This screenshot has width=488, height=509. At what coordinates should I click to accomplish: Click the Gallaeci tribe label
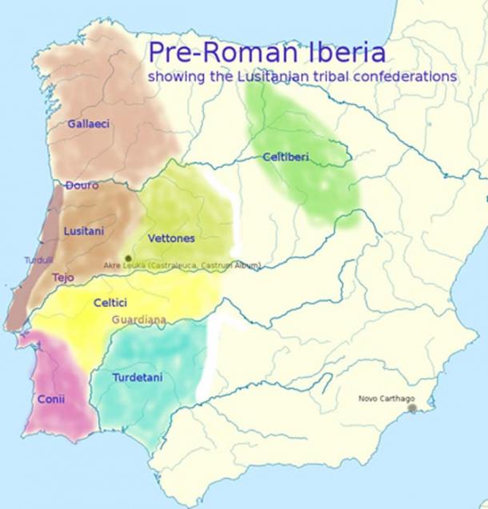coord(89,124)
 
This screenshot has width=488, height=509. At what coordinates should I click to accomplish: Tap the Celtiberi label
coord(286,157)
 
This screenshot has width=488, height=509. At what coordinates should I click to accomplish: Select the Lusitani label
coord(83,230)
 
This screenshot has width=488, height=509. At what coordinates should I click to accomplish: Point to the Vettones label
coord(171,238)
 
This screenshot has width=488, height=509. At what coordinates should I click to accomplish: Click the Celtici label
coord(110,303)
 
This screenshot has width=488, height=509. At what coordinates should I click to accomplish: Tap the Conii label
coord(51,399)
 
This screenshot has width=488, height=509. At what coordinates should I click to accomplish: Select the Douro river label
coord(82,185)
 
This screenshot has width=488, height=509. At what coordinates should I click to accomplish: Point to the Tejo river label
coord(62,277)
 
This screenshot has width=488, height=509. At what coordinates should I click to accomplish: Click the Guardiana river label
coord(139,320)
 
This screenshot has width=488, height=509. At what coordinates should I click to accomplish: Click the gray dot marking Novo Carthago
coord(412,408)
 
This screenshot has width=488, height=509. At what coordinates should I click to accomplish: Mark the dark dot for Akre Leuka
coord(128,258)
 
